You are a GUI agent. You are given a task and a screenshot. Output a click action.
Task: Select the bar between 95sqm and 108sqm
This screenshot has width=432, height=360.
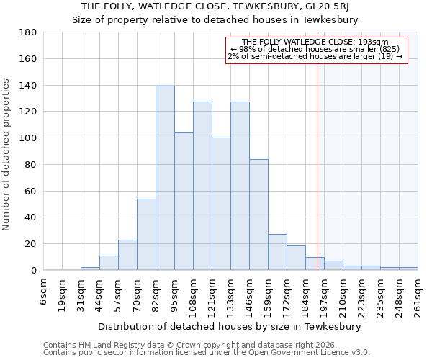(x=184, y=202)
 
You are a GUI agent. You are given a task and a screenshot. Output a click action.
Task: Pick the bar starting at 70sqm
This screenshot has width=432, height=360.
(x=146, y=235)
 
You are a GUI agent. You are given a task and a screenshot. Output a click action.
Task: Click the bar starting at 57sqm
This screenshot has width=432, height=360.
(x=127, y=255)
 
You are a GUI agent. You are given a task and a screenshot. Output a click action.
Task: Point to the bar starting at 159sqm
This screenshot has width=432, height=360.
(x=277, y=252)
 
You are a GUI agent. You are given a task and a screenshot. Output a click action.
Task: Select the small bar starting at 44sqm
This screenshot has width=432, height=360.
(x=109, y=263)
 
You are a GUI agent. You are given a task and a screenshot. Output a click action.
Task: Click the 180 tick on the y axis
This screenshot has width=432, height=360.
(x=28, y=32)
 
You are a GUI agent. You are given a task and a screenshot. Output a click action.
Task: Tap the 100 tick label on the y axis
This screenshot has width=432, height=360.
(x=28, y=138)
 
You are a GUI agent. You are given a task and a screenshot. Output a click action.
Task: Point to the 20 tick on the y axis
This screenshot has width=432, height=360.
(x=31, y=244)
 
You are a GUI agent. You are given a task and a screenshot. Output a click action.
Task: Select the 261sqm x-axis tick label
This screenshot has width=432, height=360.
(x=418, y=294)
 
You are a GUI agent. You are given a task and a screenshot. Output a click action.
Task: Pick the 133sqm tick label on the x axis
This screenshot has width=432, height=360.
(x=230, y=294)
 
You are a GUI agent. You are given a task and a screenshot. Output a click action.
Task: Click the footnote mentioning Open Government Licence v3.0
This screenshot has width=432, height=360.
(x=207, y=353)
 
